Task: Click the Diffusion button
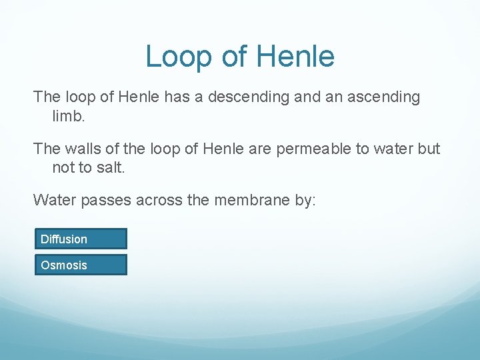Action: pyautogui.click(x=80, y=239)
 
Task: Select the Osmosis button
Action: pyautogui.click(x=80, y=265)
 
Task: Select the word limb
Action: pyautogui.click(x=68, y=116)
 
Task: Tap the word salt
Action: pyautogui.click(x=109, y=167)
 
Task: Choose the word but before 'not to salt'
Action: pyautogui.click(x=427, y=149)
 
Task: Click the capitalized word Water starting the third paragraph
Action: pyautogui.click(x=55, y=199)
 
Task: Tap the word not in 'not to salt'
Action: pyautogui.click(x=63, y=167)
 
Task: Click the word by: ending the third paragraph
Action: pyautogui.click(x=309, y=199)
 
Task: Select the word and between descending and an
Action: pyautogui.click(x=307, y=97)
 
